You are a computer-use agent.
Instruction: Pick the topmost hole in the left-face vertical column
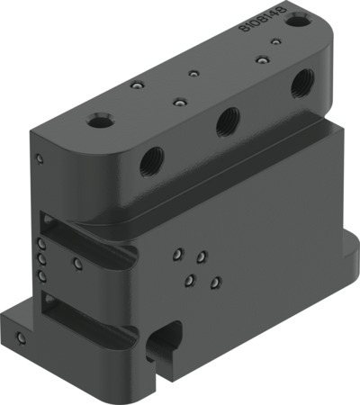click(40, 243)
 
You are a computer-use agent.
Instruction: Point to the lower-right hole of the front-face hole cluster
click(214, 285)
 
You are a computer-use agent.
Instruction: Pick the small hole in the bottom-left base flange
click(22, 339)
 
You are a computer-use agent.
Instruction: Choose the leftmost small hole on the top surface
click(136, 85)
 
